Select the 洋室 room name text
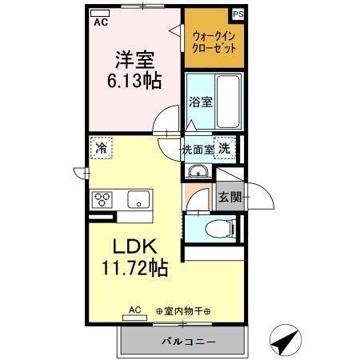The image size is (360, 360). click(134, 59)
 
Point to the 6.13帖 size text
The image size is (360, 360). click(134, 81)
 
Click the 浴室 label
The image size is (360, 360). click(200, 102)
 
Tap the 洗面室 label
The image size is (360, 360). click(198, 149)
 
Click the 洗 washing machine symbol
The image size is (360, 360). click(226, 148)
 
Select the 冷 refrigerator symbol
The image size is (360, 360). click(102, 147)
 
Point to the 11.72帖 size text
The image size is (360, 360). click(134, 268)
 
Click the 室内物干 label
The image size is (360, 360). click(183, 311)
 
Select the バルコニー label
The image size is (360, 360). click(182, 342)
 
